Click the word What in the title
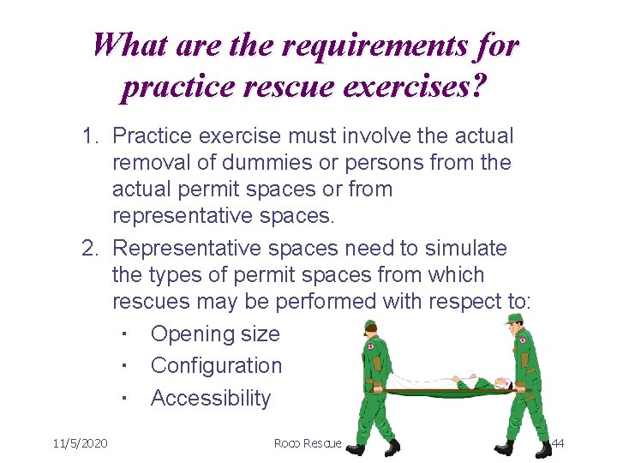coord(129,45)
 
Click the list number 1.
coord(90,135)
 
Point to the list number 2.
coord(90,249)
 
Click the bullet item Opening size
coord(214,334)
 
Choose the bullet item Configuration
coord(216,365)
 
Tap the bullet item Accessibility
coord(210,398)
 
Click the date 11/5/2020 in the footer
coord(80,443)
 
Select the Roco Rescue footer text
coord(308,443)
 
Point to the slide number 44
coord(557,443)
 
